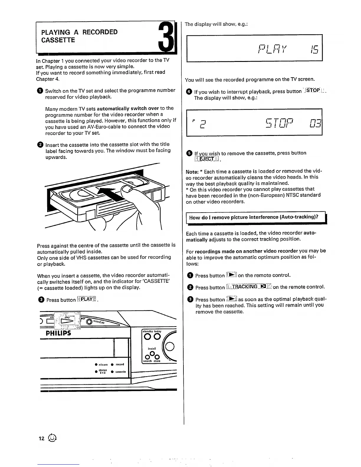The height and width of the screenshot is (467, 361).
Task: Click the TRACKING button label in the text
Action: click(249, 287)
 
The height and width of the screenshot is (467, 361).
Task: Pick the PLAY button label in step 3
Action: click(87, 300)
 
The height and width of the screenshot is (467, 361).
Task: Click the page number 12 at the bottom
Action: click(41, 438)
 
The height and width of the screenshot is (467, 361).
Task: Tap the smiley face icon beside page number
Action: click(52, 438)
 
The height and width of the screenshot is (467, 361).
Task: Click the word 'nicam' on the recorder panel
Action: click(103, 364)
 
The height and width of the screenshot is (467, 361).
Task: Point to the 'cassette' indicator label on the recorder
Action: click(120, 372)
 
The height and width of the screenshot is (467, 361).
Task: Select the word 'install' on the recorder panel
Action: click(152, 348)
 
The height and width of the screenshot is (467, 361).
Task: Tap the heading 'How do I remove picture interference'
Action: click(254, 217)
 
